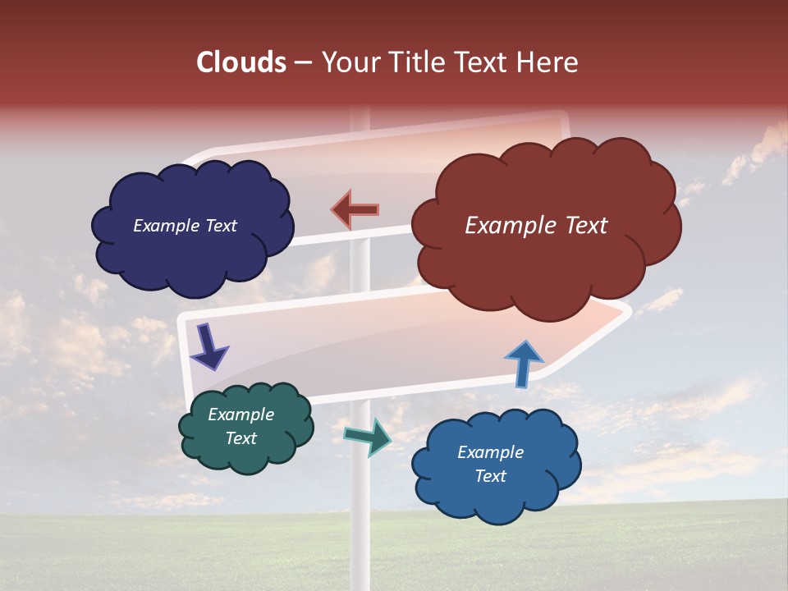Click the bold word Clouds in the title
click(241, 62)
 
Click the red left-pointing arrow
click(355, 210)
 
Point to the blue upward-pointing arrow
click(523, 364)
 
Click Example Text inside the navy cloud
click(185, 226)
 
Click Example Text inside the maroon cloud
click(536, 226)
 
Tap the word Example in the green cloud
click(241, 415)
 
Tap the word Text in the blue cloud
click(490, 476)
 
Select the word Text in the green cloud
click(241, 438)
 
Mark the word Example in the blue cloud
click(490, 452)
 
